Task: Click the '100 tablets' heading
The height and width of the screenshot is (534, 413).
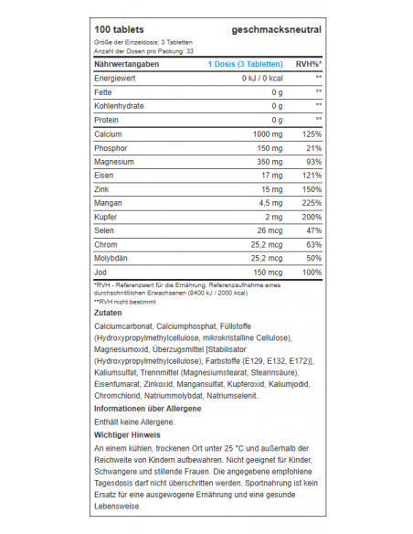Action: coord(120,30)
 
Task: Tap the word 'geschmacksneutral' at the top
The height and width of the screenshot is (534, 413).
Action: coord(277,30)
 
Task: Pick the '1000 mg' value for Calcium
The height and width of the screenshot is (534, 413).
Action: coord(265,134)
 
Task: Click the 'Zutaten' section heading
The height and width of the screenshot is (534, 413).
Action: coord(108,314)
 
